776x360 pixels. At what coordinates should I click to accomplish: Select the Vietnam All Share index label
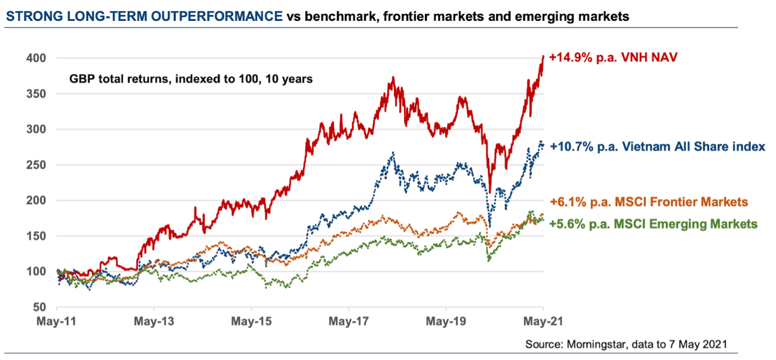coord(657,147)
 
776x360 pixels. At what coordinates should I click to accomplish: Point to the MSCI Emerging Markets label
coord(653,224)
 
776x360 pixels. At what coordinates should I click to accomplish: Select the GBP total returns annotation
coord(190,79)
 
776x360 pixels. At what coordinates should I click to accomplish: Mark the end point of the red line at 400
coord(543,56)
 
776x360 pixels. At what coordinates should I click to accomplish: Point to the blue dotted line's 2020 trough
coord(489,226)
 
